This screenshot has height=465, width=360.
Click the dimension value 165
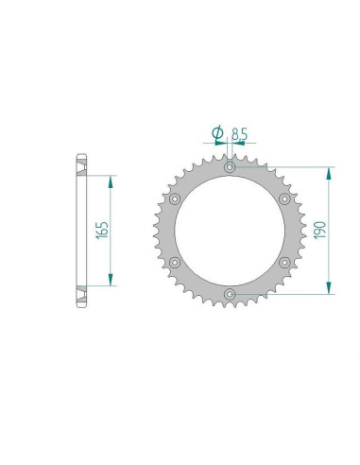[x=103, y=231]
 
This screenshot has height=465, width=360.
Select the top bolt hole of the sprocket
[x=231, y=168]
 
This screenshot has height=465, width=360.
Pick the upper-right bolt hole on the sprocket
[x=285, y=199]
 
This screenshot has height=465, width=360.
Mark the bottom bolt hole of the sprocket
[x=231, y=294]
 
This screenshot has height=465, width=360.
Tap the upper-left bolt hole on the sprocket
[x=176, y=199]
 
